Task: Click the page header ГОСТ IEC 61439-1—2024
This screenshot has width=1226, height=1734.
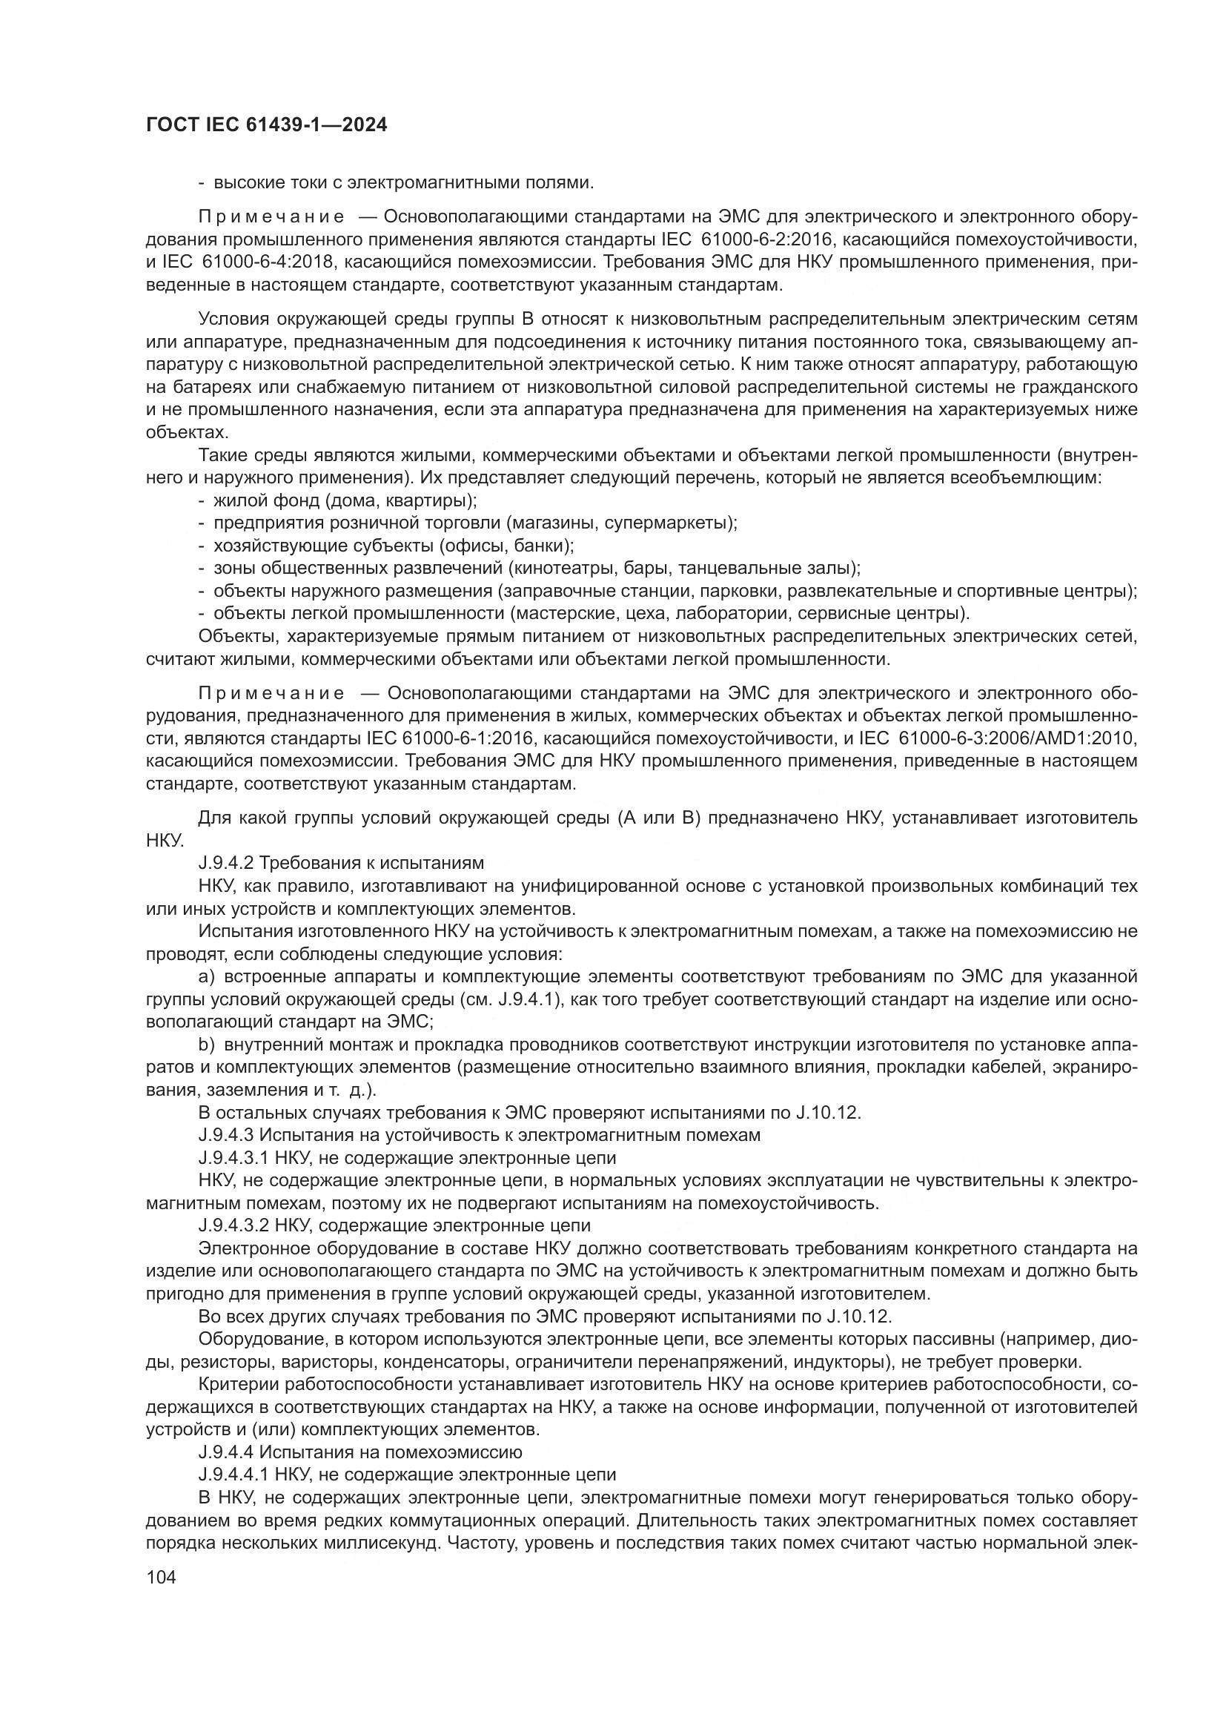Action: pos(267,125)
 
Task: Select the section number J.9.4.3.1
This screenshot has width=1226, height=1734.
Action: pos(234,1158)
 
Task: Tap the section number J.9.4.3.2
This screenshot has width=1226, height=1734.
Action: pos(234,1225)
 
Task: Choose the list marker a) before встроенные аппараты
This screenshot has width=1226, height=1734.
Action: pos(207,976)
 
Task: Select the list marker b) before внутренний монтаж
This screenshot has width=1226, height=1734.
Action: pos(207,1045)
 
